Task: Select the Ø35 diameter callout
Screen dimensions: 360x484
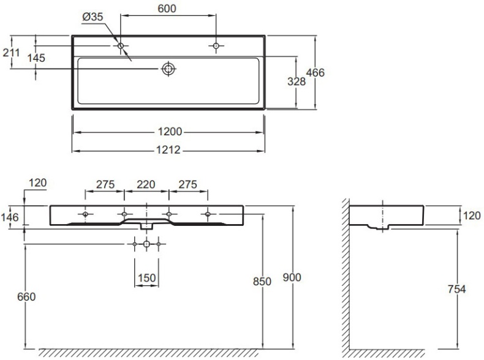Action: point(93,17)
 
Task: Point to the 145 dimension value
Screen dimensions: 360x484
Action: point(37,58)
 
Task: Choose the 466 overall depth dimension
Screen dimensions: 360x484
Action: point(315,73)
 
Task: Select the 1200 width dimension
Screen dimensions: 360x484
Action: point(168,132)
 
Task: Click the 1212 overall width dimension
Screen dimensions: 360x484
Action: point(168,150)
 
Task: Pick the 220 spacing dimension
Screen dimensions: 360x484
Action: point(146,184)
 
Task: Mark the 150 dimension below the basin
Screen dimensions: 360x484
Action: point(146,278)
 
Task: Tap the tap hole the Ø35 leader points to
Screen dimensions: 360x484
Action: point(121,46)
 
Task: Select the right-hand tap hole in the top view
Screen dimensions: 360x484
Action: point(216,46)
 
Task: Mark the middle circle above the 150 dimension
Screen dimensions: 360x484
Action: point(146,244)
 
